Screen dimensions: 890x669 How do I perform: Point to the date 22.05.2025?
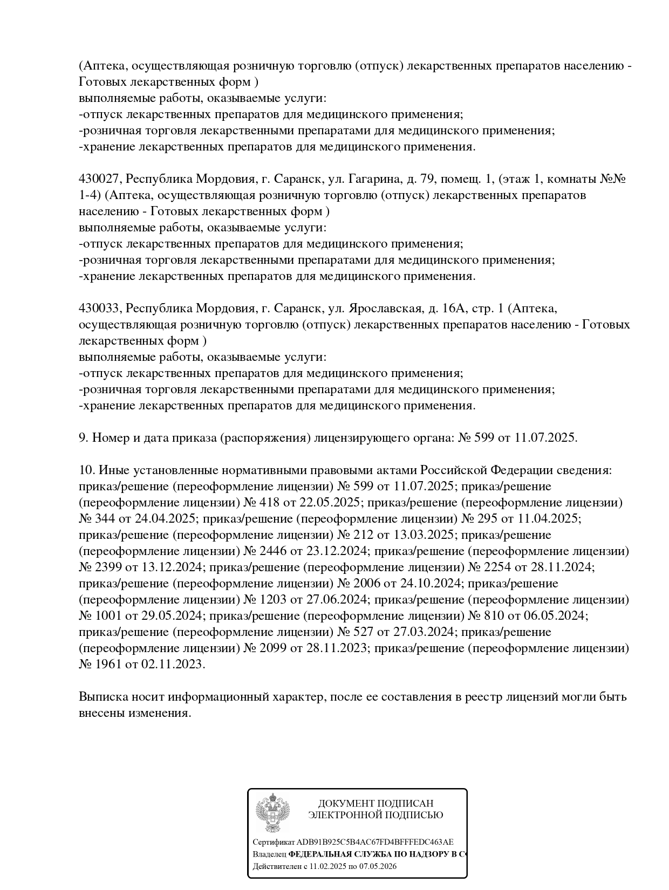click(330, 503)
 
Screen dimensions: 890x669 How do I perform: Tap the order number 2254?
click(499, 567)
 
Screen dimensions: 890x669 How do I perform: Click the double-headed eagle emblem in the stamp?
click(272, 813)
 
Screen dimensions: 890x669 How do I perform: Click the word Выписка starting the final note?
click(103, 697)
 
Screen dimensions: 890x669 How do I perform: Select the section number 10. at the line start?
click(87, 470)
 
